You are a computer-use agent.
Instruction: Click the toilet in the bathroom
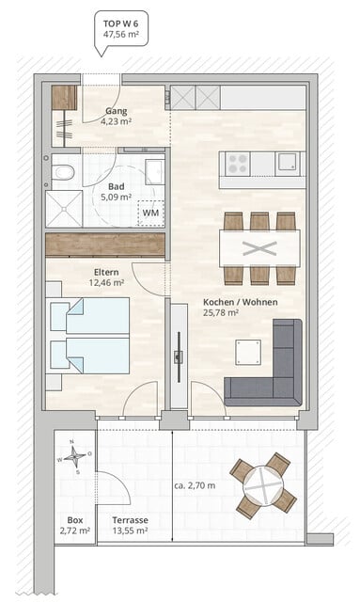pos(63,171)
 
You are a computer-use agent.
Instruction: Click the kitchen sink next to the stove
pos(289,163)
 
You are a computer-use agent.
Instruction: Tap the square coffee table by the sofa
pos(248,353)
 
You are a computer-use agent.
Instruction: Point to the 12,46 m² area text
pos(106,281)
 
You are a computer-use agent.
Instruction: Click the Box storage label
pos(73,520)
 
